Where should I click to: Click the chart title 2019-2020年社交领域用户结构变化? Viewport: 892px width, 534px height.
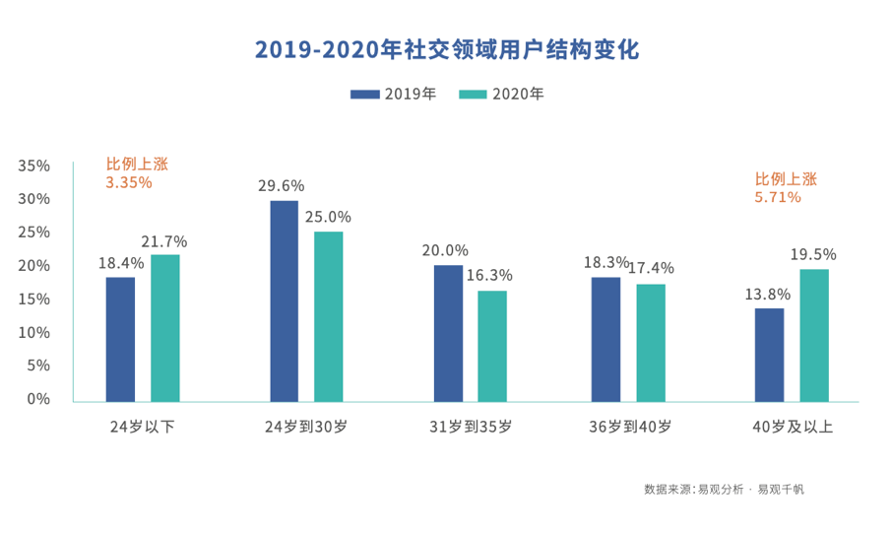pyautogui.click(x=446, y=50)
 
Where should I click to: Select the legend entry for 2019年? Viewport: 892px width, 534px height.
pyautogui.click(x=394, y=95)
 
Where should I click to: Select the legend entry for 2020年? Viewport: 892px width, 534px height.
pyautogui.click(x=501, y=95)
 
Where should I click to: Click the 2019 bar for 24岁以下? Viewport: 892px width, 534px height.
pyautogui.click(x=120, y=339)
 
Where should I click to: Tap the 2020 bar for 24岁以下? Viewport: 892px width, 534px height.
pyautogui.click(x=164, y=328)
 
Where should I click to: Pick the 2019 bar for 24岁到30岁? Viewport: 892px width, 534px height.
pyautogui.click(x=284, y=301)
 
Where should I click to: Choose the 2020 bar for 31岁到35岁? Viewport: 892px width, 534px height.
pyautogui.click(x=492, y=346)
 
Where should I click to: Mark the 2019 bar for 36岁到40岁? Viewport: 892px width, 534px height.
pyautogui.click(x=605, y=339)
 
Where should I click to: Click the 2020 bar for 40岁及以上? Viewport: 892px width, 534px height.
pyautogui.click(x=813, y=335)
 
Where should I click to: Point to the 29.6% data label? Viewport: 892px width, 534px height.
pyautogui.click(x=282, y=185)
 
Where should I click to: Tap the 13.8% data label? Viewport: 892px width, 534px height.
pyautogui.click(x=768, y=294)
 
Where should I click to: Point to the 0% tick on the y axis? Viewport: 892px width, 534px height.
pyautogui.click(x=38, y=399)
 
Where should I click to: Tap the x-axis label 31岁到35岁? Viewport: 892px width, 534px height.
pyautogui.click(x=470, y=427)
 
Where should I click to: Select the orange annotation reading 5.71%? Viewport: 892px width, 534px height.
pyautogui.click(x=778, y=197)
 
